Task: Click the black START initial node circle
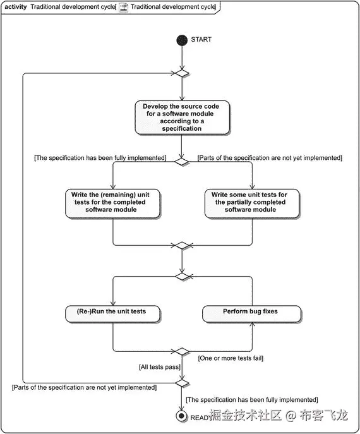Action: click(x=182, y=40)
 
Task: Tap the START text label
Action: click(x=201, y=40)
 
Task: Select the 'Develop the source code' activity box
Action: click(x=182, y=118)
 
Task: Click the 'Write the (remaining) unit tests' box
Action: click(x=112, y=203)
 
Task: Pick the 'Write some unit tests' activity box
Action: click(x=252, y=203)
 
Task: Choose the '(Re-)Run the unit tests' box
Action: click(x=112, y=314)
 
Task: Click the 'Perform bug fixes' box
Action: click(x=251, y=314)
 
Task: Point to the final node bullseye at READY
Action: click(x=181, y=416)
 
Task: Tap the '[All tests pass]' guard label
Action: click(x=160, y=367)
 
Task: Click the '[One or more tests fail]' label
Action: click(x=231, y=358)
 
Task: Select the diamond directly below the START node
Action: click(x=182, y=73)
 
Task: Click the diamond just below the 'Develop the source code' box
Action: click(x=182, y=162)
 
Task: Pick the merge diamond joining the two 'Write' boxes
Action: click(x=182, y=246)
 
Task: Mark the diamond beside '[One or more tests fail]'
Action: click(x=182, y=351)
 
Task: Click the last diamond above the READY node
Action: click(x=182, y=383)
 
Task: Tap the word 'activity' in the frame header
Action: click(x=16, y=7)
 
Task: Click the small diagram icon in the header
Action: click(x=123, y=7)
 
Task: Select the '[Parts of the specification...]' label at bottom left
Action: click(x=84, y=387)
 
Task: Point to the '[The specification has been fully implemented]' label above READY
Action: click(x=252, y=400)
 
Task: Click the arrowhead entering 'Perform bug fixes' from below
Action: click(x=252, y=325)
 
